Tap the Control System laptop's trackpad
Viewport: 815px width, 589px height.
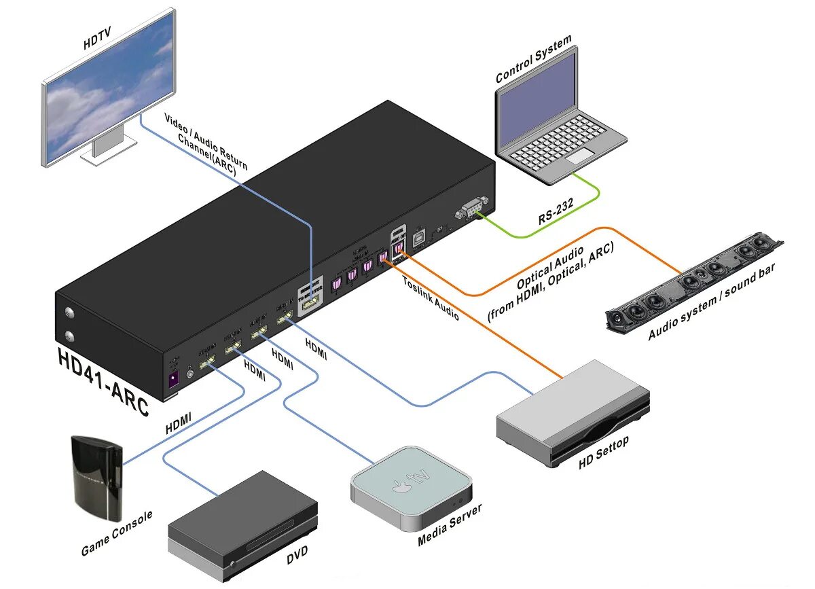coord(580,158)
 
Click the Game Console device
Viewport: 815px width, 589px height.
coord(96,476)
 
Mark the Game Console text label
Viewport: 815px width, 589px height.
coord(117,534)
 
